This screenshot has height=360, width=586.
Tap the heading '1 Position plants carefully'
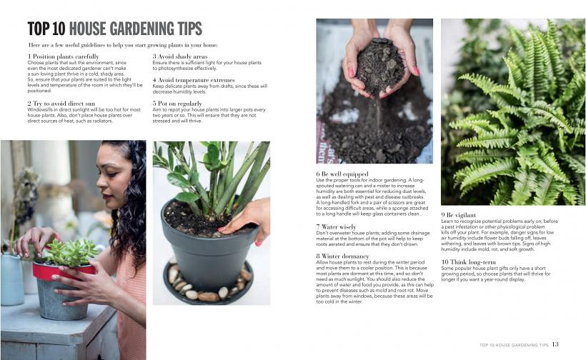coord(63,56)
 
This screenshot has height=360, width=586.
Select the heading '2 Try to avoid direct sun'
coord(61,104)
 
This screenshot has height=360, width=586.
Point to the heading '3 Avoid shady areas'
coord(180,56)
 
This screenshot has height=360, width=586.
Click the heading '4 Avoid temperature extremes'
coord(194,80)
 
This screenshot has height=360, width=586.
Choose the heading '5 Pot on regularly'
coord(177,104)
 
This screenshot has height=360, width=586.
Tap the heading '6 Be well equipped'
coord(342,174)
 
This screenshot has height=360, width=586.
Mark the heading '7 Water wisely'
coord(336,226)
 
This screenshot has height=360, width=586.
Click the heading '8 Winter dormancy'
coord(342,256)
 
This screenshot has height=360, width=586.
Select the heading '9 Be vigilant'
coord(458,215)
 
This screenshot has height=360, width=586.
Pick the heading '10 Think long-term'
coord(468,262)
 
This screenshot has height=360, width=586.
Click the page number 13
coord(555,344)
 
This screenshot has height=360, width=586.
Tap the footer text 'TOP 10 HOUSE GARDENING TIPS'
coord(514,345)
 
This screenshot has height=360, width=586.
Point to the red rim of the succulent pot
coord(63,271)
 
